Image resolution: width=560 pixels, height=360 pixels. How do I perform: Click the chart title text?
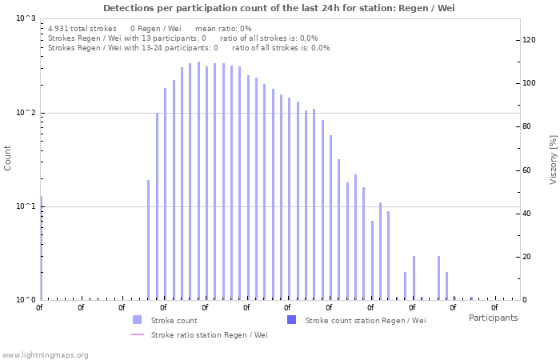click(x=279, y=8)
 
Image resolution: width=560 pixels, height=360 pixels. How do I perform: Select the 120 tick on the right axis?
click(x=529, y=40)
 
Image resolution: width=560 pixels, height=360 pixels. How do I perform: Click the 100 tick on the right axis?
click(x=529, y=83)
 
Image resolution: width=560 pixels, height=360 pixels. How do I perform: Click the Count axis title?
click(x=8, y=158)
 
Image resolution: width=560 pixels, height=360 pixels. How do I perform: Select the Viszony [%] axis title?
click(x=552, y=159)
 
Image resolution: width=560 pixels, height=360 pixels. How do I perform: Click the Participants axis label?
click(x=493, y=318)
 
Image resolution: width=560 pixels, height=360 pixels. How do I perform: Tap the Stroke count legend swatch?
click(x=137, y=320)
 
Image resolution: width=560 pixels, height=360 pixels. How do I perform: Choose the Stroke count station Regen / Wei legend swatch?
click(x=291, y=320)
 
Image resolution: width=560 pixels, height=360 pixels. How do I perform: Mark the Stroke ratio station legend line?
click(x=137, y=334)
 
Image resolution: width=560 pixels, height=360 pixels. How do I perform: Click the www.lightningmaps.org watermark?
click(x=45, y=354)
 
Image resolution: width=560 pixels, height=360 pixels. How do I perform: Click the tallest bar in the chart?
click(x=198, y=181)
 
